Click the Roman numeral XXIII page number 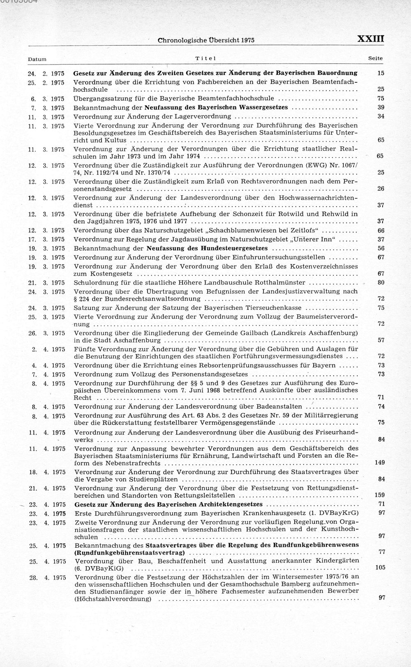tap(370, 39)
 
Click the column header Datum tap(37, 59)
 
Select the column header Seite tap(375, 58)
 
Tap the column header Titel tap(205, 58)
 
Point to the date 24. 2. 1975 tap(46, 73)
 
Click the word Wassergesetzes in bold tap(263, 107)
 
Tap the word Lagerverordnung tap(203, 116)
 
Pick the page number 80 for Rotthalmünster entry tap(381, 283)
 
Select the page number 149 tap(380, 462)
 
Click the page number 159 tap(380, 495)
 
